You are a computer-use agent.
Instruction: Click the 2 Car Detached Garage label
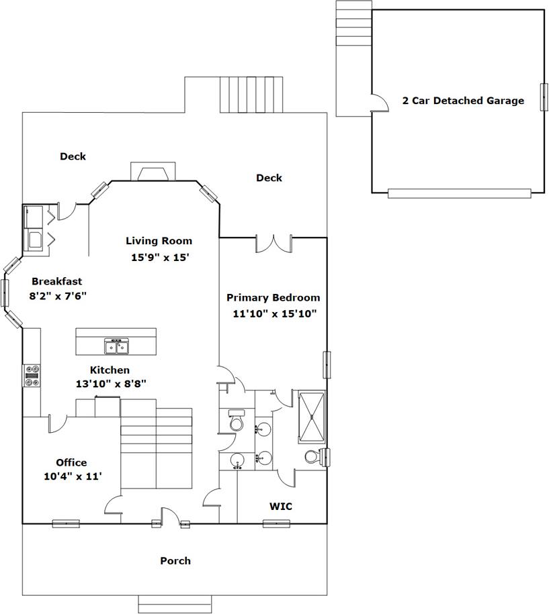coord(463,101)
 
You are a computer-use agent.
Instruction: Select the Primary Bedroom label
coord(273,297)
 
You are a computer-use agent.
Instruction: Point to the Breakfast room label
coord(56,282)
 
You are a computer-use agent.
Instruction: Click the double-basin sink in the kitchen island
coord(116,346)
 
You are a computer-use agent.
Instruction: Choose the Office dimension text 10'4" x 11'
coord(71,476)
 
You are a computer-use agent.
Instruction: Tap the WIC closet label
coord(280,506)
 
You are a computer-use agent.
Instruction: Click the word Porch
coord(175,560)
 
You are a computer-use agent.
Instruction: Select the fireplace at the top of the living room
coord(153,172)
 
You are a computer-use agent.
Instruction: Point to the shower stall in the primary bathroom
coord(311,417)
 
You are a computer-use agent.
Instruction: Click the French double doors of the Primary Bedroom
coord(273,244)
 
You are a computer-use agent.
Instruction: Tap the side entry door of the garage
coord(379,103)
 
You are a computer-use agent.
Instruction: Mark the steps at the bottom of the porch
coord(175,603)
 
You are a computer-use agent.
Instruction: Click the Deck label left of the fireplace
coord(73,156)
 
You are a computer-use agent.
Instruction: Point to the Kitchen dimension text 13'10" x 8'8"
coord(110,383)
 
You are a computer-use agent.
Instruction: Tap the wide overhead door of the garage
coord(459,193)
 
